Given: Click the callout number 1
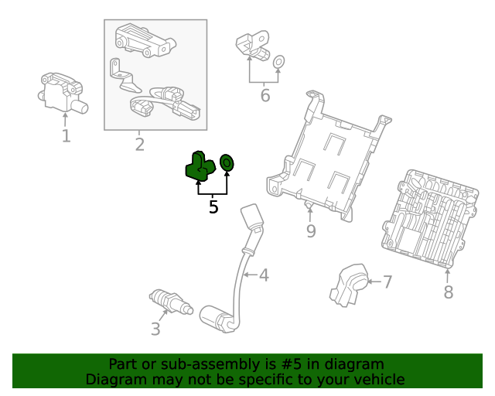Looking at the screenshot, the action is [66, 136].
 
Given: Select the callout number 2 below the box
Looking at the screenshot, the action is [140, 145].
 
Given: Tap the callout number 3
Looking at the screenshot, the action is [155, 329].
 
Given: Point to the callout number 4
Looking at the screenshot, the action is [264, 275].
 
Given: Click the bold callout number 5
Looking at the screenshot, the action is [213, 207].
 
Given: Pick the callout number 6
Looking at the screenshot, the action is [265, 95].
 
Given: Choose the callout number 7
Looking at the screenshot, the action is [387, 282].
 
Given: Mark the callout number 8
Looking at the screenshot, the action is [449, 292].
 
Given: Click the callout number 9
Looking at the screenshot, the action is [311, 231].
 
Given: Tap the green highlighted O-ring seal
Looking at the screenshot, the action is [227, 163].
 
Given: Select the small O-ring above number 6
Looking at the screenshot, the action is [278, 62].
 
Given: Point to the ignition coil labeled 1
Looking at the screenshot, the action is [63, 93].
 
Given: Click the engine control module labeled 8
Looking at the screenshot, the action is [430, 219].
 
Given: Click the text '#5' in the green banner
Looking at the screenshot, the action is [292, 364].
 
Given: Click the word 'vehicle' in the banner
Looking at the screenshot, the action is [383, 380].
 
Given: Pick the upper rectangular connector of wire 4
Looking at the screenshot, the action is [252, 217].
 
